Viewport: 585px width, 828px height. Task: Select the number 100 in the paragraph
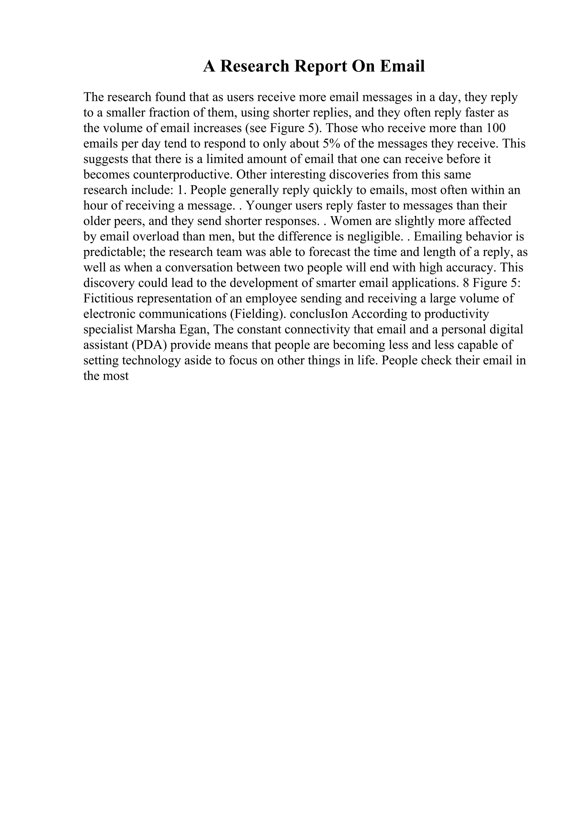pyautogui.click(x=495, y=128)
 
